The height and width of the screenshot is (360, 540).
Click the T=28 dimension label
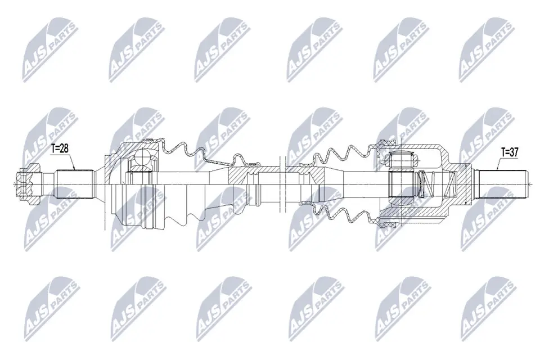[60, 148]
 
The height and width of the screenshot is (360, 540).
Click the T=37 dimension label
[510, 151]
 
